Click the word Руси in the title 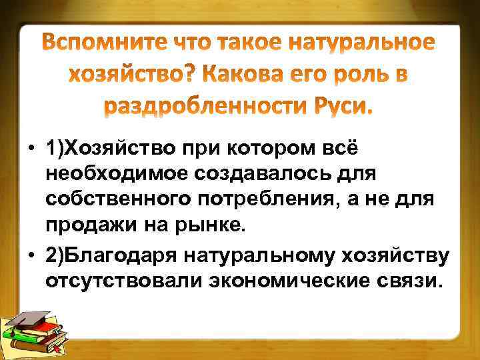343,107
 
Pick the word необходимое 118,174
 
